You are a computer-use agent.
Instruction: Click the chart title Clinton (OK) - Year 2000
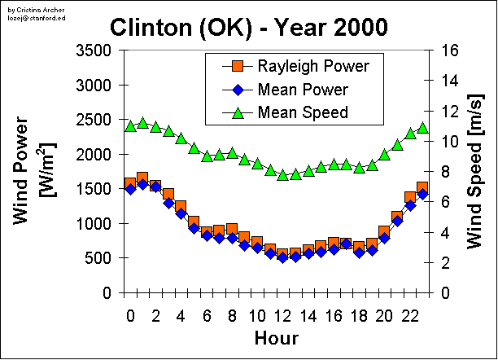(x=249, y=27)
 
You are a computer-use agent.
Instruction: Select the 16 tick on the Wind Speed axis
(x=452, y=50)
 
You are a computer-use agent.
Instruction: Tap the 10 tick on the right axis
(x=452, y=141)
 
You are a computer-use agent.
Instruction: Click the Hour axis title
(x=276, y=338)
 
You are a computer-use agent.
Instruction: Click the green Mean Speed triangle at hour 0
(x=130, y=126)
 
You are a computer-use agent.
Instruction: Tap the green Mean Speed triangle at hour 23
(x=422, y=128)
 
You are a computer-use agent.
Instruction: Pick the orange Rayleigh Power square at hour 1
(x=142, y=178)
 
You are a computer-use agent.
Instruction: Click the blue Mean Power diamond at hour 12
(x=282, y=257)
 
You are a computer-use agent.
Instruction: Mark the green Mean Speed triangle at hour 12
(x=282, y=174)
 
